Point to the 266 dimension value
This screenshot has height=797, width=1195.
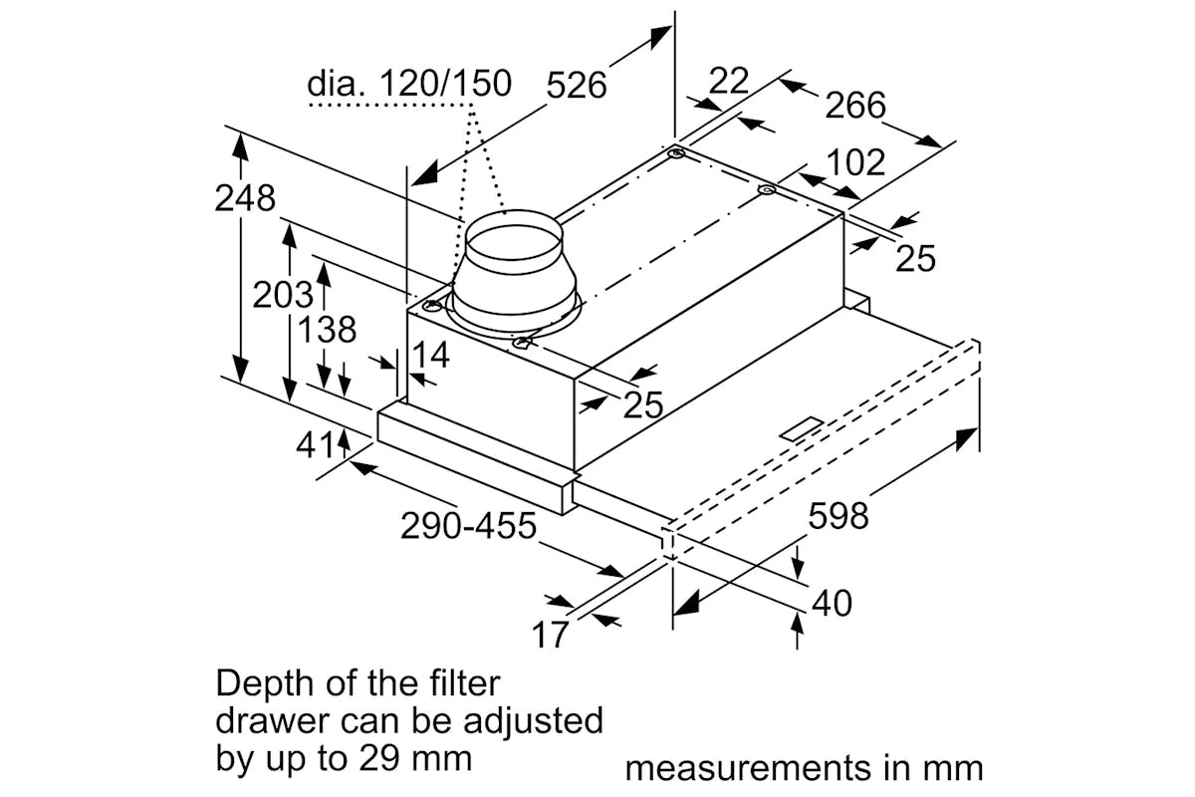[853, 104]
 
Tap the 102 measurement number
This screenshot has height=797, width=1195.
[855, 161]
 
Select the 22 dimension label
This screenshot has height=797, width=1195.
[728, 81]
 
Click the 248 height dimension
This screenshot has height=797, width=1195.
[245, 198]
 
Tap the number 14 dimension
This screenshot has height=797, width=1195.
[431, 355]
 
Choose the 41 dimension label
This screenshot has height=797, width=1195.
[317, 444]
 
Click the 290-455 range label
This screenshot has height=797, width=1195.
[468, 525]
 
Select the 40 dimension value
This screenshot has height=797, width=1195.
[832, 603]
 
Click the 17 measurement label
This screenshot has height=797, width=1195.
[549, 634]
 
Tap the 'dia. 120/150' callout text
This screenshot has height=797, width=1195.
[409, 84]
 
